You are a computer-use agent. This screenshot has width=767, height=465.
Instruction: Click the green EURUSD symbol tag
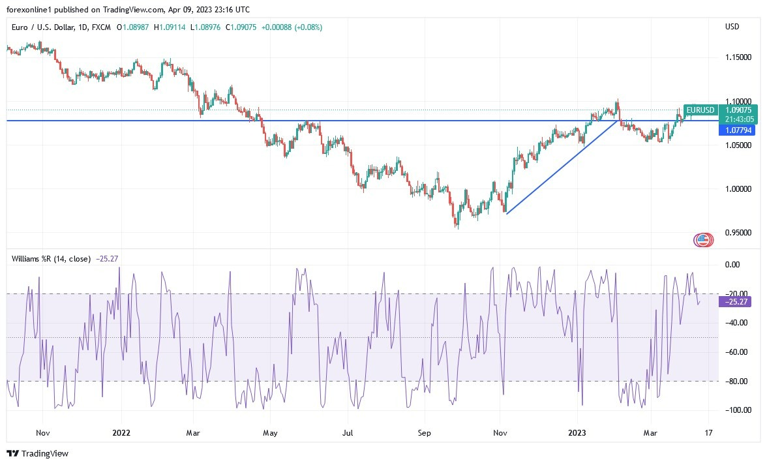(x=700, y=110)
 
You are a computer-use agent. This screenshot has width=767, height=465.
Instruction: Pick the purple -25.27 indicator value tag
(x=736, y=301)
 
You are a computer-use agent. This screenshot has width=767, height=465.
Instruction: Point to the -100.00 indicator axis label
(x=737, y=410)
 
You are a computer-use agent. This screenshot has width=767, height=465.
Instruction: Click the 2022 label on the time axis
(x=121, y=432)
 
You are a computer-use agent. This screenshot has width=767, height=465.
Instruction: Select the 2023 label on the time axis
(x=578, y=432)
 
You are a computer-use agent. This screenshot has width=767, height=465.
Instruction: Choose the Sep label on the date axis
(x=425, y=432)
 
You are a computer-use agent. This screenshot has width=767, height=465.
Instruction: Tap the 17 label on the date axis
(x=708, y=432)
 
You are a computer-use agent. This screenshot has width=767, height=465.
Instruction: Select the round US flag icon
(x=702, y=240)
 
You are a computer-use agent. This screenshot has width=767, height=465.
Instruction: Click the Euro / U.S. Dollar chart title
(x=49, y=27)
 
